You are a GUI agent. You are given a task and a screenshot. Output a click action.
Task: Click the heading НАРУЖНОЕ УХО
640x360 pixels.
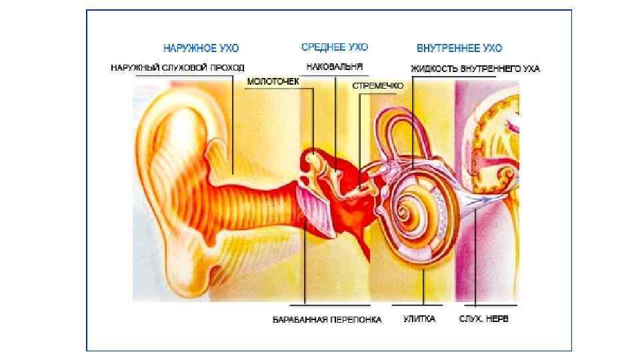(201, 48)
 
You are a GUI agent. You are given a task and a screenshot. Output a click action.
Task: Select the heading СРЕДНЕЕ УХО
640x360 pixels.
(334, 47)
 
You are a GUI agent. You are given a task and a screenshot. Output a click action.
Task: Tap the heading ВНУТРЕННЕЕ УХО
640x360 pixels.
(459, 48)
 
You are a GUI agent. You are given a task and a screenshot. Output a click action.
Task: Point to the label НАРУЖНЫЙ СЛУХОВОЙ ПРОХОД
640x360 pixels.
(177, 67)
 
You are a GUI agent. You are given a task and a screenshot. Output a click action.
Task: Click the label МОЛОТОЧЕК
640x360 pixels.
(273, 81)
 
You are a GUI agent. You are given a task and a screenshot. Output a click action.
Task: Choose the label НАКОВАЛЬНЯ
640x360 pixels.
(335, 67)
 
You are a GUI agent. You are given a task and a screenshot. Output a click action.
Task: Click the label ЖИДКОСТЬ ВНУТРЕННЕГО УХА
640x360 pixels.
(475, 68)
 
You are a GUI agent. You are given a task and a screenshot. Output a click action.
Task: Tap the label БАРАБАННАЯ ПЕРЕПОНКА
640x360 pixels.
(327, 320)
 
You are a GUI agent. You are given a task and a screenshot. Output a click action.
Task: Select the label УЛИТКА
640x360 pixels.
(419, 319)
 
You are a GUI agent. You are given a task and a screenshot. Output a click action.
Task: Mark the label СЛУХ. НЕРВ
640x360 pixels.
(483, 319)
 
